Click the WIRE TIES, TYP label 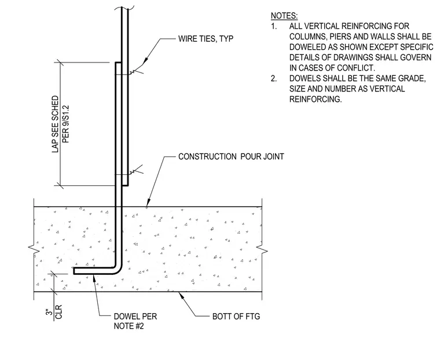coord(206,39)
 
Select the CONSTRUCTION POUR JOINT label coord(231,157)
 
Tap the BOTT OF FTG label coord(236,317)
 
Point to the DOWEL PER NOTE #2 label coord(135,321)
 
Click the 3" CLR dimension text coord(54,312)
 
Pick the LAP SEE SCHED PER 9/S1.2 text coord(60,124)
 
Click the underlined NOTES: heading coord(284,16)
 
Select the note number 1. coord(274,27)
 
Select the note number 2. coord(274,79)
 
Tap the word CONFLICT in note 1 coord(356,68)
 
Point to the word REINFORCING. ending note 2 coord(316,100)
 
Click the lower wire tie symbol coord(137,171)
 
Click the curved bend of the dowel coord(118,266)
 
